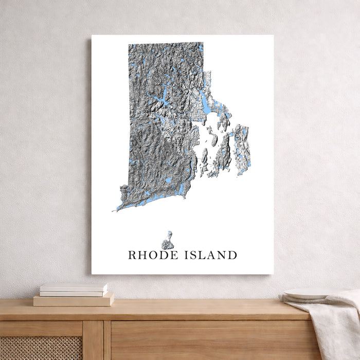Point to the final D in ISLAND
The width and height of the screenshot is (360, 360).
click(233, 255)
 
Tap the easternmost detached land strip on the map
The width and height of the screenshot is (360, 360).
click(242, 149)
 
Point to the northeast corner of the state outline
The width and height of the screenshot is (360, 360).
click(202, 44)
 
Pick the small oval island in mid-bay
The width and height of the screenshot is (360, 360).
click(205, 155)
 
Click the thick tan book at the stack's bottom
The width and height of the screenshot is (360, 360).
click(74, 300)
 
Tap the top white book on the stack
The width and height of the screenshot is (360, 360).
click(74, 287)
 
